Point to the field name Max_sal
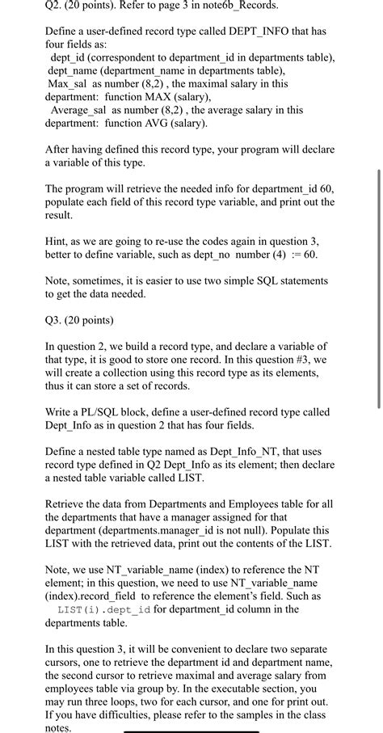(69, 83)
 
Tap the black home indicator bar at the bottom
(191, 730)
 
